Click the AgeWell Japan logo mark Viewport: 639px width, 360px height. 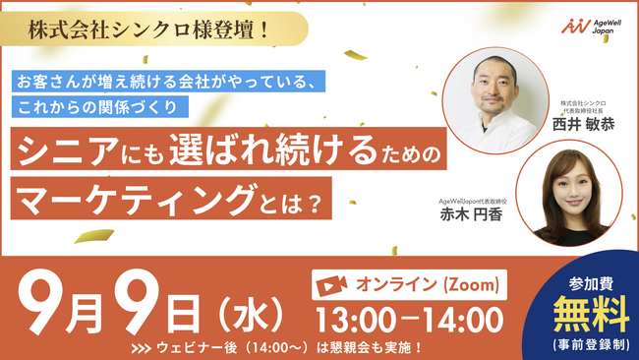point(576,27)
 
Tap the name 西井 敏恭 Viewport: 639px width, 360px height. point(583,124)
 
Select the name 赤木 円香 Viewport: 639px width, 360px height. point(471,214)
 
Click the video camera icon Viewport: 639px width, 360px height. point(331,285)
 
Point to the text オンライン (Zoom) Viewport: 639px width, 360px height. point(428,284)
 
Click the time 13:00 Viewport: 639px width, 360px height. point(356,320)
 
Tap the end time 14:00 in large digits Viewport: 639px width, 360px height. point(463,320)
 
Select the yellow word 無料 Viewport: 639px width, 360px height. point(591,314)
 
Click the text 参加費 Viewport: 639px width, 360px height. point(591,283)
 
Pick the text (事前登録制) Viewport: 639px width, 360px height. point(591,345)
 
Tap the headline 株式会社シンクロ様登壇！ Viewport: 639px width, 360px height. point(148,30)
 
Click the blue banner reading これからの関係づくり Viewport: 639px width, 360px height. point(100,107)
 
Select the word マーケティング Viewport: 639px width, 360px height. point(136,200)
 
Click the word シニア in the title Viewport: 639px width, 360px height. point(68,150)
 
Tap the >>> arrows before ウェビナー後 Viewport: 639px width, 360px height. point(142,349)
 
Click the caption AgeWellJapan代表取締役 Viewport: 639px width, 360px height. point(473,202)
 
